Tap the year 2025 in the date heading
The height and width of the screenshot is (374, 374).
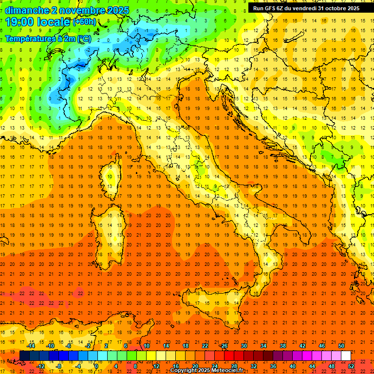click(x=117, y=10)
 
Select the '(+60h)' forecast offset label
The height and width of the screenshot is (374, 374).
click(x=84, y=22)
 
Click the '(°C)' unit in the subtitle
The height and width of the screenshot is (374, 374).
click(x=83, y=38)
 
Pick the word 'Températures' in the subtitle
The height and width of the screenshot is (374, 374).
click(x=30, y=38)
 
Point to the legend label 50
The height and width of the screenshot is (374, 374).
click(x=341, y=346)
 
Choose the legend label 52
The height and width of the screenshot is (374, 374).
click(x=351, y=366)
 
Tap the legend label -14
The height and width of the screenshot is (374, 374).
click(x=31, y=346)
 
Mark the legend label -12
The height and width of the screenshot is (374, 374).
click(x=40, y=366)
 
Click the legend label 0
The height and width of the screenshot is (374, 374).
click(x=97, y=366)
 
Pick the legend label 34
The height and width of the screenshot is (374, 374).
click(x=263, y=346)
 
